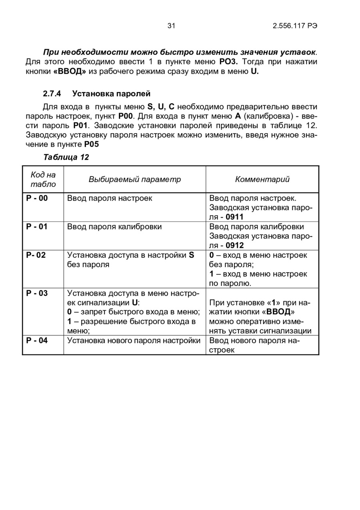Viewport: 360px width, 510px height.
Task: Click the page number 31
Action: [171, 26]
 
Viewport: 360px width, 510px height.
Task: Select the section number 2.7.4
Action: [52, 94]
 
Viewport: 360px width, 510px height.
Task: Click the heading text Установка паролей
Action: [111, 94]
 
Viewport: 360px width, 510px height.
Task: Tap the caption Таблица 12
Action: [66, 157]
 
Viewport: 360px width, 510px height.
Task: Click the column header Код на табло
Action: [43, 179]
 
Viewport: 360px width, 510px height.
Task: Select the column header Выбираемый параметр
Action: [134, 179]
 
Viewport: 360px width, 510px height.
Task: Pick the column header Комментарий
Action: [262, 179]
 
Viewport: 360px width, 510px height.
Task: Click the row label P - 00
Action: [37, 198]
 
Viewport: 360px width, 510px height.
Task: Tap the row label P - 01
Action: [37, 227]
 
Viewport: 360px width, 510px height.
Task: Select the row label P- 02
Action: [36, 255]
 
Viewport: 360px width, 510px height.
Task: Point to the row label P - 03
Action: [37, 293]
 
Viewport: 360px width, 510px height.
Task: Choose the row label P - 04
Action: [37, 341]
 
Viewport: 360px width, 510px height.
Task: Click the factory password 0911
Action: [234, 217]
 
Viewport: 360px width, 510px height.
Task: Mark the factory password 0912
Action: [234, 245]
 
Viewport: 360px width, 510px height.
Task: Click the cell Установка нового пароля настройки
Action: [134, 341]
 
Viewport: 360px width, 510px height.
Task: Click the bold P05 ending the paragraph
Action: [91, 144]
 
